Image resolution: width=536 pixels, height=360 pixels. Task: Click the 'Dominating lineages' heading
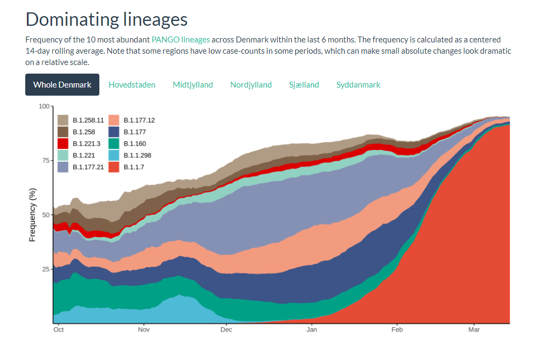(x=106, y=19)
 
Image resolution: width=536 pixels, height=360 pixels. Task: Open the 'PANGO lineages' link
(x=180, y=40)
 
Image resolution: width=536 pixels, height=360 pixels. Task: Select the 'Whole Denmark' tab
(x=62, y=85)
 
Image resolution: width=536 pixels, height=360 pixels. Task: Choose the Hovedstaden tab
(x=132, y=85)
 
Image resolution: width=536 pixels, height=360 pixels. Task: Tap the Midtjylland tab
(x=193, y=85)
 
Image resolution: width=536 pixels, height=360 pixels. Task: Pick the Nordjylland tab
(x=251, y=85)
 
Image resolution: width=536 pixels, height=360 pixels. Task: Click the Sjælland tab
(x=304, y=85)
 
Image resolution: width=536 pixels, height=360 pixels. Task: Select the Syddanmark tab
(x=358, y=85)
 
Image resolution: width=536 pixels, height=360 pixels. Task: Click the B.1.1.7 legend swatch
(x=113, y=167)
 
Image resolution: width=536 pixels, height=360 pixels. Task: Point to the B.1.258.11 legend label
(x=88, y=120)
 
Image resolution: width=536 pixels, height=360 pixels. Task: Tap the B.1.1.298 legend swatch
(x=113, y=155)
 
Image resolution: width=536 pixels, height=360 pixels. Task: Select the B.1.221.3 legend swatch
(x=63, y=143)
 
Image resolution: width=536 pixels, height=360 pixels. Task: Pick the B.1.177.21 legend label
(x=88, y=167)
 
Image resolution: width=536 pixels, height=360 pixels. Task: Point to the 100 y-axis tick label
(x=44, y=106)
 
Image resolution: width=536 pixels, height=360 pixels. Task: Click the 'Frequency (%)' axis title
(x=32, y=215)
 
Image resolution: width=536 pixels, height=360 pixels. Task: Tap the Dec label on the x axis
(x=226, y=329)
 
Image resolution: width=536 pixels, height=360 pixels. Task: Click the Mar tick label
(x=474, y=329)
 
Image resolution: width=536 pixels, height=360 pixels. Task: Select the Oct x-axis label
(x=59, y=329)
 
